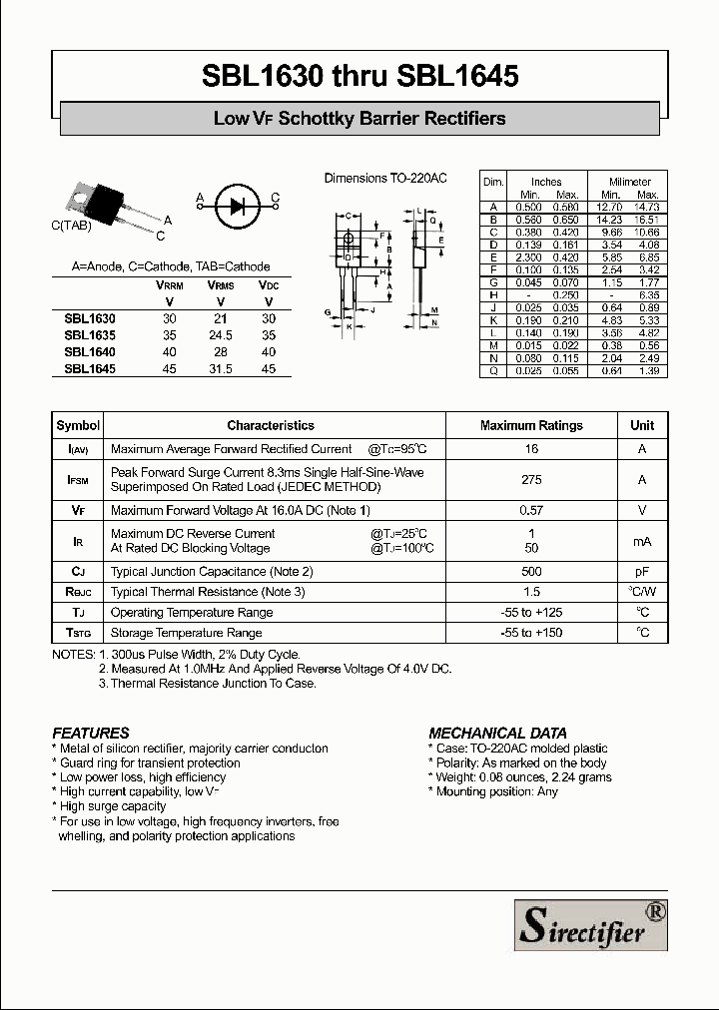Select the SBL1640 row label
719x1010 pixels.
(x=90, y=352)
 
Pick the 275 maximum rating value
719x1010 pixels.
(x=531, y=480)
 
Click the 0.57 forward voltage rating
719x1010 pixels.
(x=531, y=511)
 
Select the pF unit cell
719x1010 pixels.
(x=642, y=572)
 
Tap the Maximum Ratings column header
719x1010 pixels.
(x=531, y=425)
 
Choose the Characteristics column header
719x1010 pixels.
(x=271, y=425)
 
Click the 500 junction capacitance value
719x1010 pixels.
(x=531, y=572)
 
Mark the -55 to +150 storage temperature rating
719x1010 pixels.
(x=531, y=633)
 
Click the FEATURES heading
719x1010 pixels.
(x=91, y=733)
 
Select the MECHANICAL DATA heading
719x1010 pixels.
(x=497, y=733)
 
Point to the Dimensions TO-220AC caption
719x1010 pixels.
(x=385, y=179)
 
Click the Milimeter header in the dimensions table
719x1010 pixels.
(x=630, y=182)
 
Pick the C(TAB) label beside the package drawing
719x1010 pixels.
(x=71, y=226)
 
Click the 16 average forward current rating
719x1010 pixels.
(x=531, y=449)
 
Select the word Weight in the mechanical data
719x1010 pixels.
(x=454, y=776)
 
